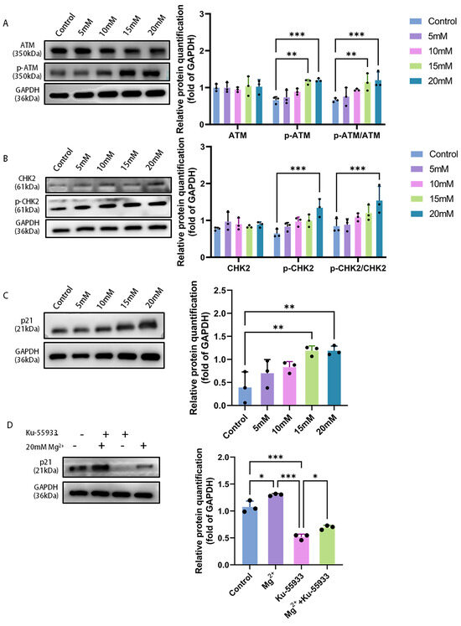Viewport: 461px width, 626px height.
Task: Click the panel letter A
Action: pos(6,23)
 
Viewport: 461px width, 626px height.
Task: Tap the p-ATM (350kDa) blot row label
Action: pos(27,72)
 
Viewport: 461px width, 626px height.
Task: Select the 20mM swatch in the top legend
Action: pos(416,81)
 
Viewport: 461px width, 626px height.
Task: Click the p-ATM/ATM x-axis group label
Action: pos(357,136)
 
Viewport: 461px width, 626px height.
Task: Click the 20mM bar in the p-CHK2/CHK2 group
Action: pos(379,229)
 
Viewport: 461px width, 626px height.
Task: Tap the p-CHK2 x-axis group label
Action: pos(298,268)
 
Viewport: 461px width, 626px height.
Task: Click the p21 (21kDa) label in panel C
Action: pos(27,325)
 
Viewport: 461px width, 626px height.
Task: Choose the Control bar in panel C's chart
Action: pos(245,396)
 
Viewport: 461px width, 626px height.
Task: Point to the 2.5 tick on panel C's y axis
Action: pos(218,290)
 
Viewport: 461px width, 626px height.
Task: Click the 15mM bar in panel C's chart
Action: pos(312,377)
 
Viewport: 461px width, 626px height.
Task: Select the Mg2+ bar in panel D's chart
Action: pos(276,530)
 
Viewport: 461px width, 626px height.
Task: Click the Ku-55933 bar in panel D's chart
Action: pos(301,550)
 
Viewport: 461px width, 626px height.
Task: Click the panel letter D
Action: pos(10,425)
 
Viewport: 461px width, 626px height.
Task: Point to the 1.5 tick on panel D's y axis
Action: pos(224,484)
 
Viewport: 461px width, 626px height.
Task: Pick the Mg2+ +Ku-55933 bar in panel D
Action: pos(327,546)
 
